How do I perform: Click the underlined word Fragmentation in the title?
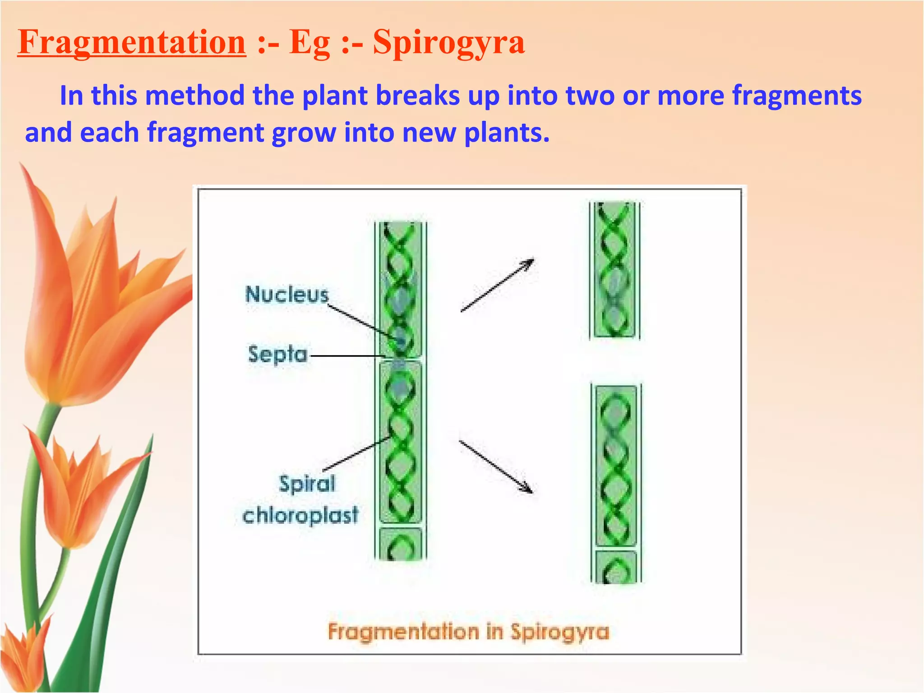pos(132,42)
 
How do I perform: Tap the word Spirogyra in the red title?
pos(449,42)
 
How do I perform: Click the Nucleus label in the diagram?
pos(287,295)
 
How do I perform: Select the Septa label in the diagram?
pos(277,354)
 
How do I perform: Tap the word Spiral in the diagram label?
pos(307,484)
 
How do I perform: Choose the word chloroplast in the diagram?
pos(300,515)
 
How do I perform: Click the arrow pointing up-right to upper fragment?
pos(497,285)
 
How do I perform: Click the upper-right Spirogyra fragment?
pos(614,270)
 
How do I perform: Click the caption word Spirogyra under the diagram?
pos(559,632)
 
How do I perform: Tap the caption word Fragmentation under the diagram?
pos(403,632)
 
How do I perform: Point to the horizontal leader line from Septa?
pos(347,356)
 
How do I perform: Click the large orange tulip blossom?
pos(86,307)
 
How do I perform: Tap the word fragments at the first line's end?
pos(796,96)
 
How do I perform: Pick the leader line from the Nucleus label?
pos(361,321)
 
